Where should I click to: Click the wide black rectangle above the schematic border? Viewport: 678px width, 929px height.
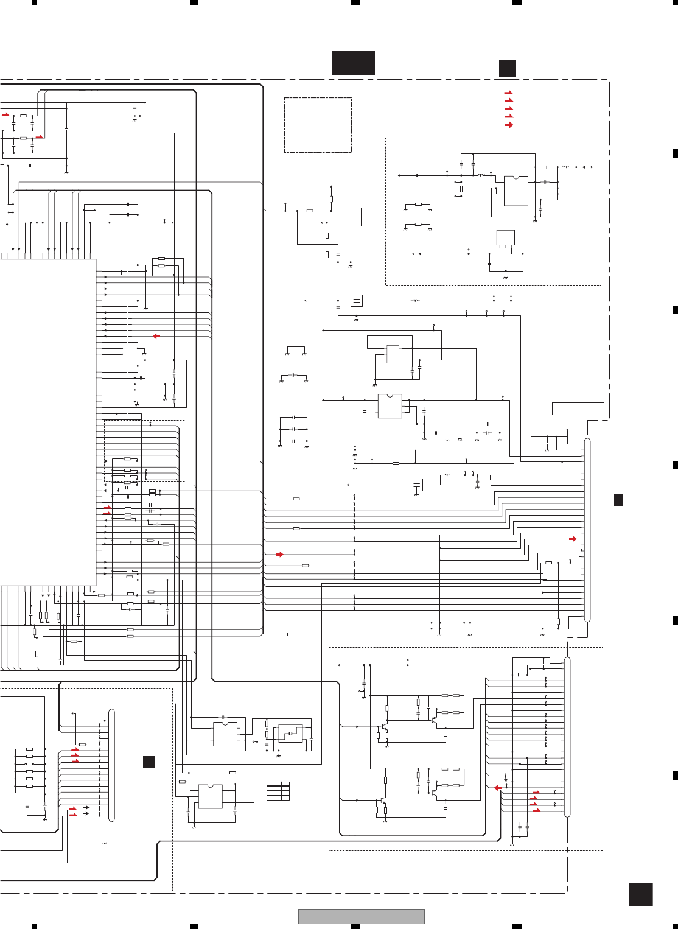coord(353,63)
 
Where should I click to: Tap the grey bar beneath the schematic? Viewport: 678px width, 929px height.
coord(361,916)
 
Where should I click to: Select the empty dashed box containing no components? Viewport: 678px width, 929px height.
coord(318,125)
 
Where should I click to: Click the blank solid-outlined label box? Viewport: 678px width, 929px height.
coord(578,408)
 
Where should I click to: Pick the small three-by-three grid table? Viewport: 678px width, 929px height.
coord(278,791)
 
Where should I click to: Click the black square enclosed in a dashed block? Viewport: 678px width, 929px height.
coord(149,762)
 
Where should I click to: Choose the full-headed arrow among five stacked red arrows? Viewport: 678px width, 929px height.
coord(509,125)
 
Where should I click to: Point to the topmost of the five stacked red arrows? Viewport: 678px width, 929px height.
coord(509,93)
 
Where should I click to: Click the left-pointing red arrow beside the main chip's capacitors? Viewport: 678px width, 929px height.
coord(156,336)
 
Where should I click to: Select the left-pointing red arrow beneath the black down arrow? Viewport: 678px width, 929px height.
coord(497,788)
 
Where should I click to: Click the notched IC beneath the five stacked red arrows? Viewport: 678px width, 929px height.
coord(516,191)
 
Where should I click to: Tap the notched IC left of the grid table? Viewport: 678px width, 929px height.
coord(210,796)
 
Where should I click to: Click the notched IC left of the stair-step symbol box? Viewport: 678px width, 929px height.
coord(225,734)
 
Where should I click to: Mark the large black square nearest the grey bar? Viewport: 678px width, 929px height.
coord(640,895)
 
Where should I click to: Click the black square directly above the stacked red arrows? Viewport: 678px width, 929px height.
coord(508,68)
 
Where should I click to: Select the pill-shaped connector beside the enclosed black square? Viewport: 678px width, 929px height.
coord(111,765)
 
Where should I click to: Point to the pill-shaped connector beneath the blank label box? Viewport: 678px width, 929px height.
coord(587,530)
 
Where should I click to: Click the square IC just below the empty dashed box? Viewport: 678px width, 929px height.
coord(353,217)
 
